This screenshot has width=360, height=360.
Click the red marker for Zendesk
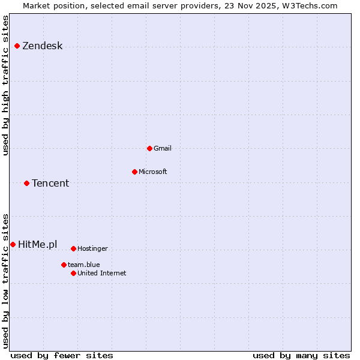[17, 46]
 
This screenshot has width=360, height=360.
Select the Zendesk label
[43, 46]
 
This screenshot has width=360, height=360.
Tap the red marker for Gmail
[149, 148]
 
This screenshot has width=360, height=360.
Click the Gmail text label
[163, 148]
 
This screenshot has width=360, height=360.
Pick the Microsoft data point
[134, 172]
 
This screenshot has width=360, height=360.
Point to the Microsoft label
[153, 172]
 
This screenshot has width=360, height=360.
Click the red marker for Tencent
[26, 183]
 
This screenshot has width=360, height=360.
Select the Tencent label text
[50, 183]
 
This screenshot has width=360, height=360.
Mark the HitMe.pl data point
[13, 244]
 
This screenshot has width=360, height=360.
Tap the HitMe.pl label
[38, 244]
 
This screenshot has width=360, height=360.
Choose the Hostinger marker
[73, 248]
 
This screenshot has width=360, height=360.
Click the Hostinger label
[93, 248]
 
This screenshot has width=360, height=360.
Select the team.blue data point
[64, 265]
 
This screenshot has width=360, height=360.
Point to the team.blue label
[84, 265]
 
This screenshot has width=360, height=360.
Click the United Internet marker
[73, 273]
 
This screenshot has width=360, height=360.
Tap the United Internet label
[102, 273]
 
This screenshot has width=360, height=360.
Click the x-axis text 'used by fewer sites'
[62, 355]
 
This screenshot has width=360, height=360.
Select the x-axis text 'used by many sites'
[301, 355]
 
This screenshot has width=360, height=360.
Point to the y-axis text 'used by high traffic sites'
[6, 85]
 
